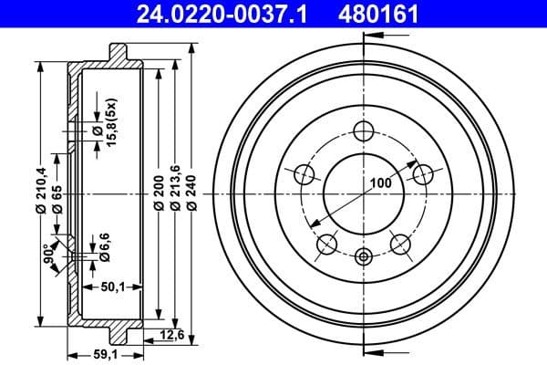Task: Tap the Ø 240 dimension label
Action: pos(192,193)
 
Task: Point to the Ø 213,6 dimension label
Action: pos(176,193)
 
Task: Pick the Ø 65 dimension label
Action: pos(57,198)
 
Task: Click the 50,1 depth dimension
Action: pos(113,287)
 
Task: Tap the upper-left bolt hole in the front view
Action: pos(304,173)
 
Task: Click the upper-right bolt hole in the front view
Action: pos(421,173)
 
